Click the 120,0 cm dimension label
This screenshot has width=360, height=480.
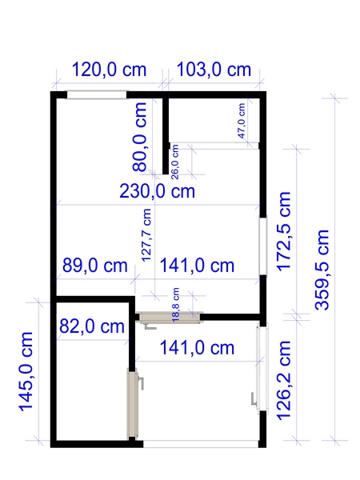coord(109,70)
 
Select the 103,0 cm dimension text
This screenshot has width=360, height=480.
coord(214,70)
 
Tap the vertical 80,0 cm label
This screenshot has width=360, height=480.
coord(139,137)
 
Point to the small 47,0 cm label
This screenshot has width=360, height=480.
coord(242,121)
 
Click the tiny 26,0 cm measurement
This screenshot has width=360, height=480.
coord(174,162)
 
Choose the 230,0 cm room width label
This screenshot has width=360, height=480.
coord(157,191)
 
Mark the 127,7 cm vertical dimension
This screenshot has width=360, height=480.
coord(146,235)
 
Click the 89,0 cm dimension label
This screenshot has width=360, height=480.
coord(95,266)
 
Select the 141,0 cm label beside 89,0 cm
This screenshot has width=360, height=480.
coord(197,266)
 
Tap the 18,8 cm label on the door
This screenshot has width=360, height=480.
coord(176,305)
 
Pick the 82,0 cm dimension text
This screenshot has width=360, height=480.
coord(92,326)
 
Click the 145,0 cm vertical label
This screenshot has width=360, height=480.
coord(26,371)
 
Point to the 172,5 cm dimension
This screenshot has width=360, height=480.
coord(284,231)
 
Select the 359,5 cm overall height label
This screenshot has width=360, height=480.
coord(322,270)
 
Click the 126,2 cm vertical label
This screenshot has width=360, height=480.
coord(284,379)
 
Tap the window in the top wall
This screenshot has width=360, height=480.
coord(97,95)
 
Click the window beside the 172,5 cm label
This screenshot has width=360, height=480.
coord(263,246)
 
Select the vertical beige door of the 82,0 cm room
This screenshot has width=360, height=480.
coord(133,404)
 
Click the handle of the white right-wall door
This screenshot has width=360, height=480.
coord(254,398)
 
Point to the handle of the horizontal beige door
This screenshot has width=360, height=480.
coord(150,327)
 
